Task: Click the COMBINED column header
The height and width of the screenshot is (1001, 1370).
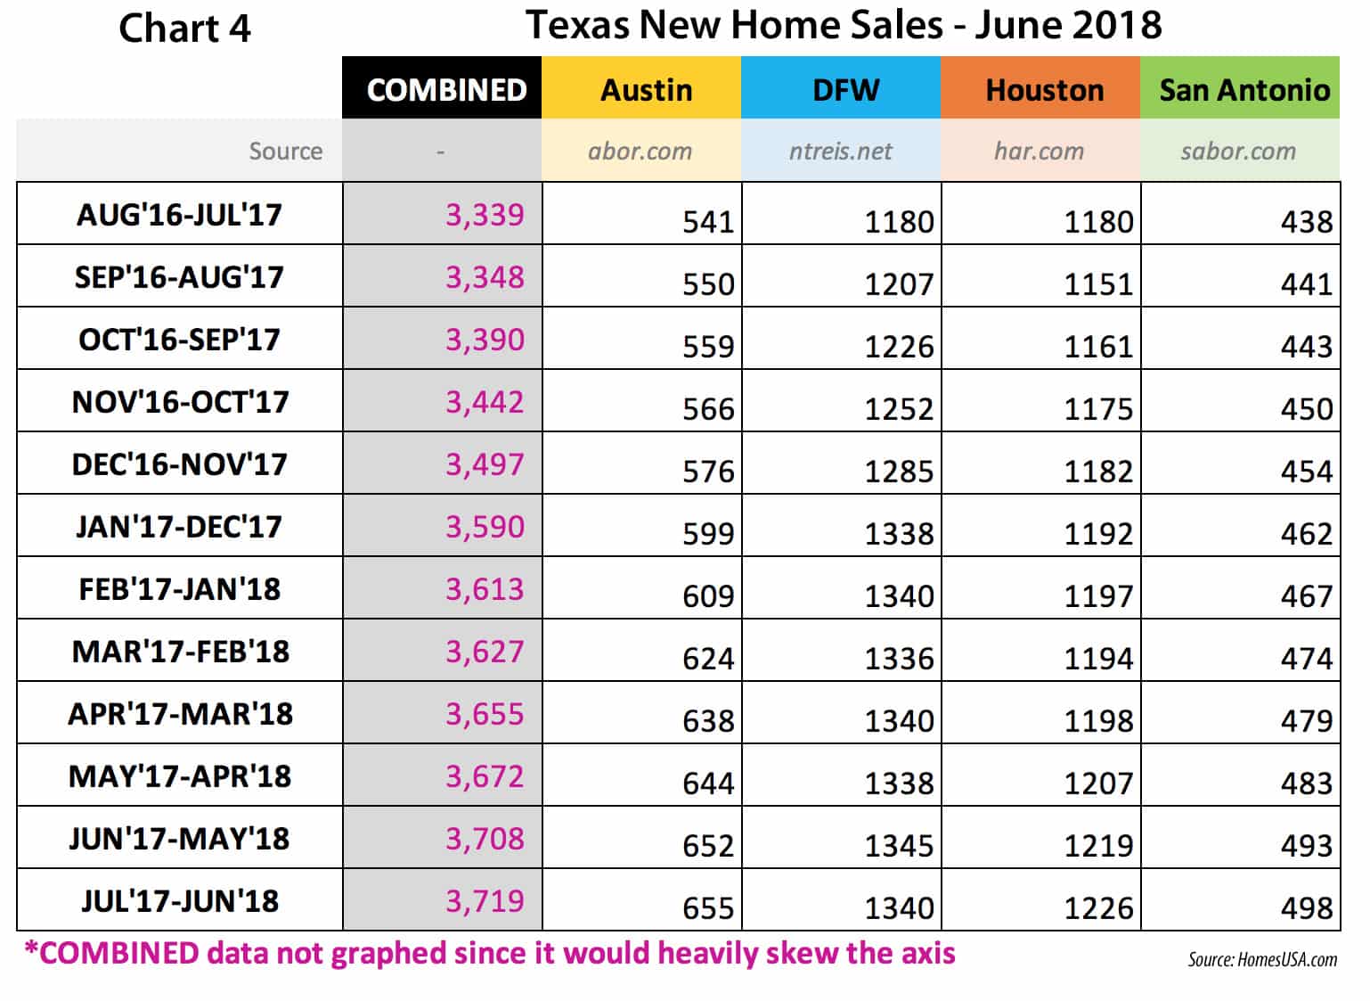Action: tap(446, 90)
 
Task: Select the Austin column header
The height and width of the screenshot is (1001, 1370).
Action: tap(646, 90)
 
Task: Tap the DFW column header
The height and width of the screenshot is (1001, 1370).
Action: tap(845, 90)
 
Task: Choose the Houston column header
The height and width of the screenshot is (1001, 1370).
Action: tap(1044, 90)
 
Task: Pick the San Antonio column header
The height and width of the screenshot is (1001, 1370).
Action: tap(1244, 90)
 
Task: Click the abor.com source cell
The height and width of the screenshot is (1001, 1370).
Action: tap(640, 152)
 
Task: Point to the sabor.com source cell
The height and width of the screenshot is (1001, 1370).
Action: tap(1238, 152)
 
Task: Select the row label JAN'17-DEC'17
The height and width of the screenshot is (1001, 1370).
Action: tap(179, 527)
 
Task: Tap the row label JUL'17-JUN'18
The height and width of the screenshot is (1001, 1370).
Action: tap(180, 901)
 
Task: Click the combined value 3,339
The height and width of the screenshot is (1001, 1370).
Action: tap(485, 215)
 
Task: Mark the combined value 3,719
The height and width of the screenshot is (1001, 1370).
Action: tap(485, 901)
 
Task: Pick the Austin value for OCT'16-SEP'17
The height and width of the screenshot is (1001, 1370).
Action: tap(708, 347)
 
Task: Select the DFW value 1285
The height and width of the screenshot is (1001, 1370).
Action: tap(899, 472)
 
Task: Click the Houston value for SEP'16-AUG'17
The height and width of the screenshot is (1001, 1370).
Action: tap(1098, 284)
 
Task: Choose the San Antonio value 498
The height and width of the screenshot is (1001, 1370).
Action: tap(1307, 908)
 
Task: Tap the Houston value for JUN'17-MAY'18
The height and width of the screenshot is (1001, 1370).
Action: tap(1098, 846)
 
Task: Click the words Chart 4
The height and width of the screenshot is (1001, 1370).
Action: tap(184, 29)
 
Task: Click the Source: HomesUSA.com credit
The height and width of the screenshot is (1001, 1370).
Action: tap(1262, 960)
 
